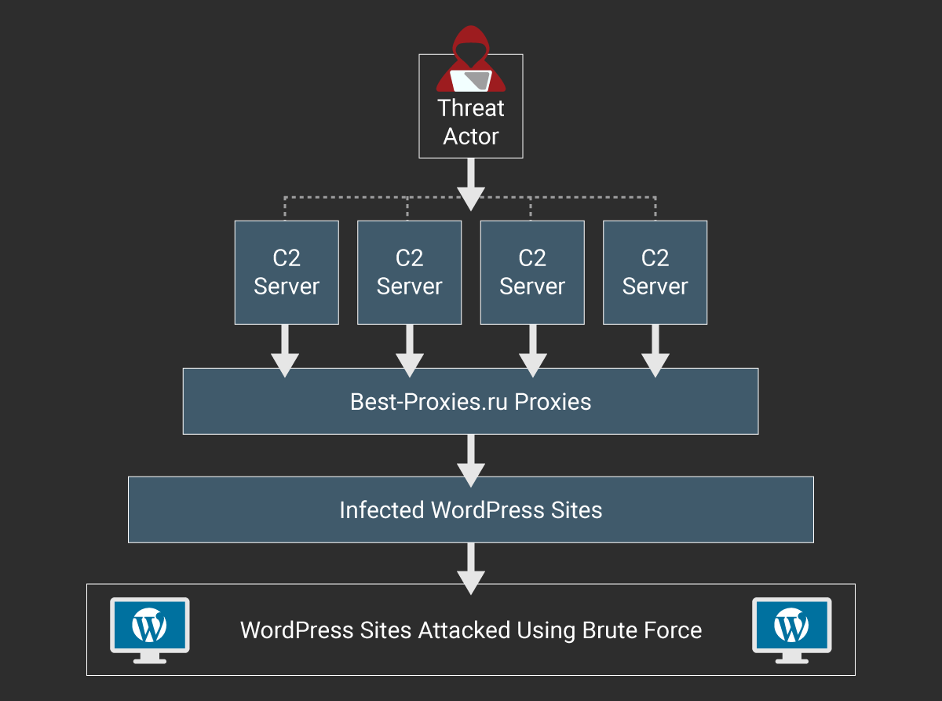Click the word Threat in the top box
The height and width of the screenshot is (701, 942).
point(471,108)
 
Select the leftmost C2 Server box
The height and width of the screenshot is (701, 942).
point(287,272)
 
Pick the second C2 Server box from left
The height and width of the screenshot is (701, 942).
point(409,272)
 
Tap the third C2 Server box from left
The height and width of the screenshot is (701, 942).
point(532,272)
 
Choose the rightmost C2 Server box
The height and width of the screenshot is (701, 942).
point(655,272)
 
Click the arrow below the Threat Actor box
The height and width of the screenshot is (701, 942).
point(471,185)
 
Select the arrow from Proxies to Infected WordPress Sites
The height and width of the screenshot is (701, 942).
point(471,460)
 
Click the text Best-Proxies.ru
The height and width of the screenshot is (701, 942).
point(429,403)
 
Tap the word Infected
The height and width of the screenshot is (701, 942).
point(382,510)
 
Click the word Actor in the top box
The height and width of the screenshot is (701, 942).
point(471,137)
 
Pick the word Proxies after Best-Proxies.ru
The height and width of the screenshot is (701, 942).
point(553,403)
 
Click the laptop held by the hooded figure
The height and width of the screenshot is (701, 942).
point(474,80)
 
